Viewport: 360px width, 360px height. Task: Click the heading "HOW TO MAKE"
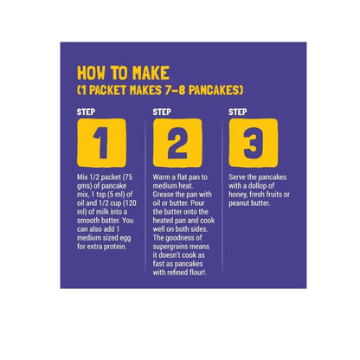tap(123, 73)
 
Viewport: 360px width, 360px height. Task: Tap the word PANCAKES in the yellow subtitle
tap(215, 90)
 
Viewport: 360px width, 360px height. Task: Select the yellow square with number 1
tap(101, 143)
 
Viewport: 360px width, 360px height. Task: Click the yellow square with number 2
tap(177, 143)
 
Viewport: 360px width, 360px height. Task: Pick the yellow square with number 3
tap(254, 143)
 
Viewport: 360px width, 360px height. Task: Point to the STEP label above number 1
tap(86, 112)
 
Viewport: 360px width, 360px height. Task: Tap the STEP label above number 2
tap(162, 112)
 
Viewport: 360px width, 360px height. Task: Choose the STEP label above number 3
tap(238, 112)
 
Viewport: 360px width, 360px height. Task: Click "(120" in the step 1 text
tap(130, 203)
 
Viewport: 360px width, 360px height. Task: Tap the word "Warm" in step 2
tap(161, 177)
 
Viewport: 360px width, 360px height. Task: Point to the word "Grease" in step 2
tap(164, 195)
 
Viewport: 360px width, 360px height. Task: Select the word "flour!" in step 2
tap(197, 273)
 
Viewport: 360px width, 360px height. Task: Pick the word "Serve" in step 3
tap(237, 177)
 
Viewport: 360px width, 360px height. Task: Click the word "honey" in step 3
tap(238, 195)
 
